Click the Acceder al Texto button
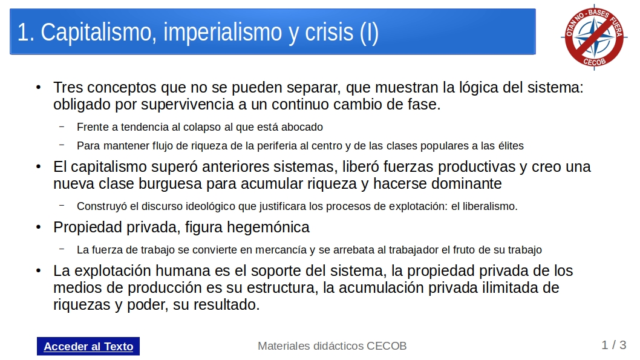point(88,346)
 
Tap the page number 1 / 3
point(613,345)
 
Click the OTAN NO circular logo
point(594,37)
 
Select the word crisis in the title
point(329,32)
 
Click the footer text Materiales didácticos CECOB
point(332,345)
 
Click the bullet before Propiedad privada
point(38,227)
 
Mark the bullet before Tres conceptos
point(38,87)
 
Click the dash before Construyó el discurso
point(62,205)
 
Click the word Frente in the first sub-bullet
point(93,127)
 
